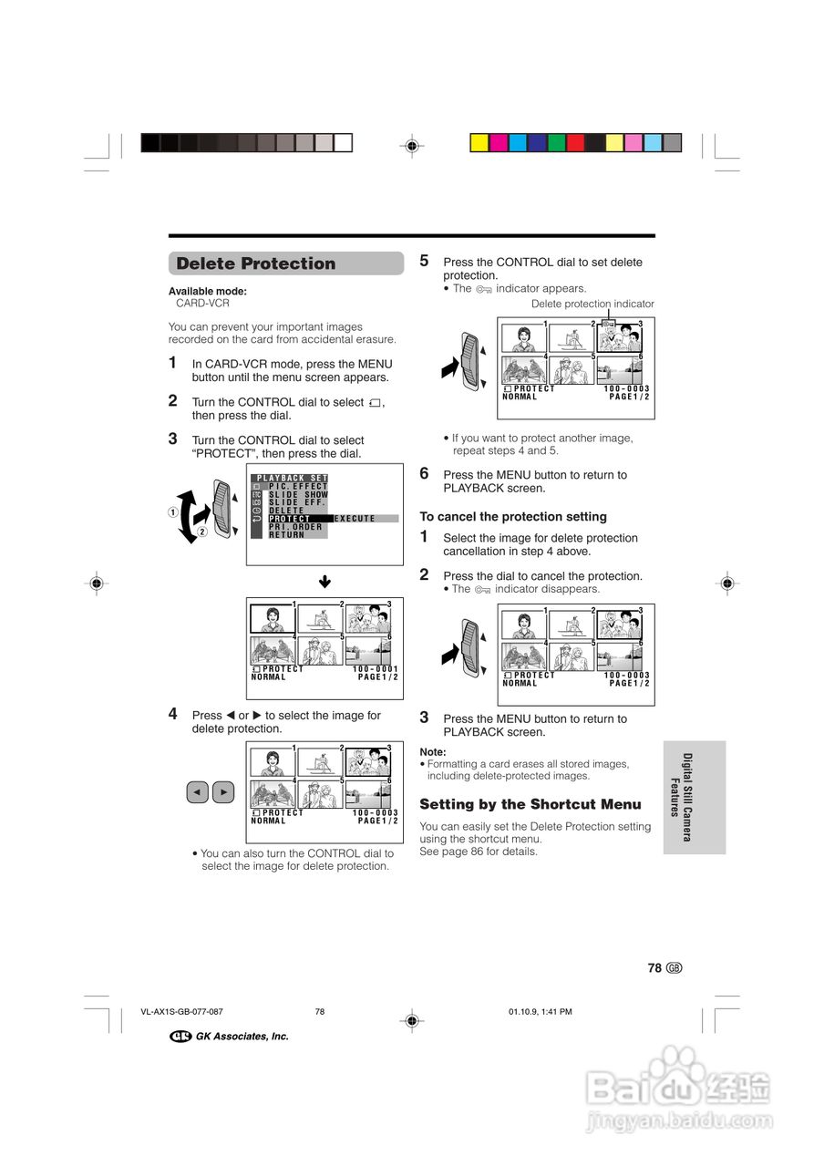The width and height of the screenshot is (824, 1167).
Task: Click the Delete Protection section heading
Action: coord(256,264)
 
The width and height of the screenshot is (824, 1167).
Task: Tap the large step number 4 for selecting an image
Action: coord(173,715)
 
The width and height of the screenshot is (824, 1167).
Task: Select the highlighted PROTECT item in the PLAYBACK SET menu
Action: coord(289,519)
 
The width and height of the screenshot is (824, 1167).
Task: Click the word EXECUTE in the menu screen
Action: coord(355,519)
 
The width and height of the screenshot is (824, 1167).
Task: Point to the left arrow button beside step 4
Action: coord(198,792)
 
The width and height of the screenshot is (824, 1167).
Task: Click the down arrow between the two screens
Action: coord(324,582)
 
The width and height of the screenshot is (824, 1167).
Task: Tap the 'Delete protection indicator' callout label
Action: coord(592,305)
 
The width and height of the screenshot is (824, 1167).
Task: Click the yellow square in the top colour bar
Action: coord(479,142)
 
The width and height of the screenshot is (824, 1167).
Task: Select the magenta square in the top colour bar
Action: coord(499,142)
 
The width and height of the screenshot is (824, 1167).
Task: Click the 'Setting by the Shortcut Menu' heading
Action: coord(530,804)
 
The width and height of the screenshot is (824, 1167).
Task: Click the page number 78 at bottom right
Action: coord(654,968)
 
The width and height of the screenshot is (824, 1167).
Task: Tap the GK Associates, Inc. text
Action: coord(242,1037)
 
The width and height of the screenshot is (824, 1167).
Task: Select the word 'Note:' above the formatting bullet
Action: coord(433,752)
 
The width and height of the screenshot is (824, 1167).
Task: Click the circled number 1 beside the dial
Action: coord(172,511)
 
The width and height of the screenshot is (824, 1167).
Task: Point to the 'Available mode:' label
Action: coord(207,292)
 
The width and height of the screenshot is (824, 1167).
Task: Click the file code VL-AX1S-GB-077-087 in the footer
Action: coord(182,1012)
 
